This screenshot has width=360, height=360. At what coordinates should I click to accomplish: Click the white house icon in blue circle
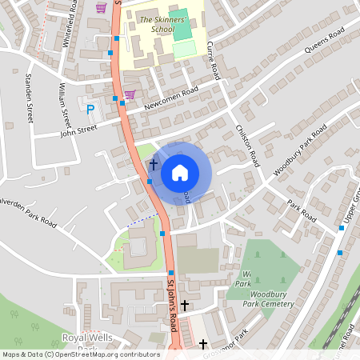tap(180, 172)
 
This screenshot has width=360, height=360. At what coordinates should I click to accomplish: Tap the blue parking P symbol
tap(90, 110)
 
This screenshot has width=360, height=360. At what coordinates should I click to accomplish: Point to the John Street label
tap(78, 129)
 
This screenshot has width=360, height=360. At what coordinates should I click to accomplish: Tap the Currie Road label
tap(212, 61)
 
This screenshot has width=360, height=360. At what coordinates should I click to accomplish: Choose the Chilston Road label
tap(247, 145)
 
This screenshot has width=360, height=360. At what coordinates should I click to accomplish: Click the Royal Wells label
tap(83, 338)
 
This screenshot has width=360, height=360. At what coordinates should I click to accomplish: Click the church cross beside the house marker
tap(153, 166)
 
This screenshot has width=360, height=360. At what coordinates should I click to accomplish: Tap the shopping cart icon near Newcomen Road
tap(129, 94)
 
